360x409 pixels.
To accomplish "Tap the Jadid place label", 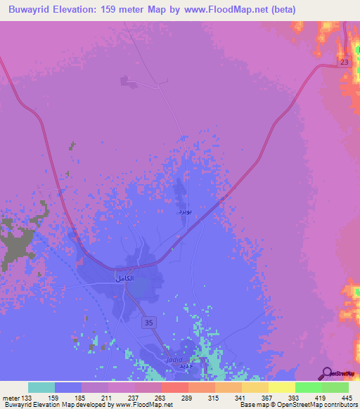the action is pyautogui.click(x=174, y=359).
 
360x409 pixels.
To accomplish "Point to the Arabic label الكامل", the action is pyautogui.click(x=124, y=279).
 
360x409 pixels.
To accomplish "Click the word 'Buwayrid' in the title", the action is pyautogui.click(x=34, y=9).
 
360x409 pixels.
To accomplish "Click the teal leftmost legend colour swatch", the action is pyautogui.click(x=41, y=387).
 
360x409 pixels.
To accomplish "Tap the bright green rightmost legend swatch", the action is pyautogui.click(x=335, y=387).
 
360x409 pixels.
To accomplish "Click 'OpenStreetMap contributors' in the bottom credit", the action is pyautogui.click(x=321, y=405).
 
